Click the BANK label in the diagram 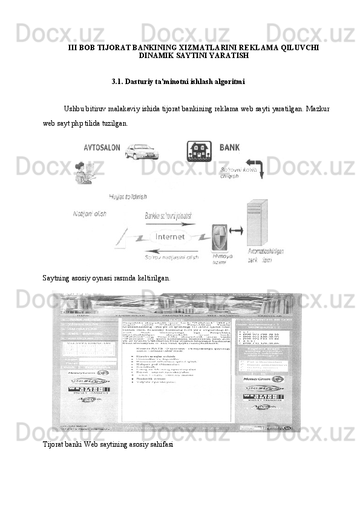(229, 147)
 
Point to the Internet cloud (171, 236)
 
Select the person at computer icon (82, 175)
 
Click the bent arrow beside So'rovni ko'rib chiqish (253, 167)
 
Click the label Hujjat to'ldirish (128, 196)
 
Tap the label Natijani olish (90, 214)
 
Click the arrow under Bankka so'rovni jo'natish (172, 224)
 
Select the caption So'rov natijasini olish (171, 258)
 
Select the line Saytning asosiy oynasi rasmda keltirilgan (106, 278)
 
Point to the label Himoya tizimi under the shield (220, 259)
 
